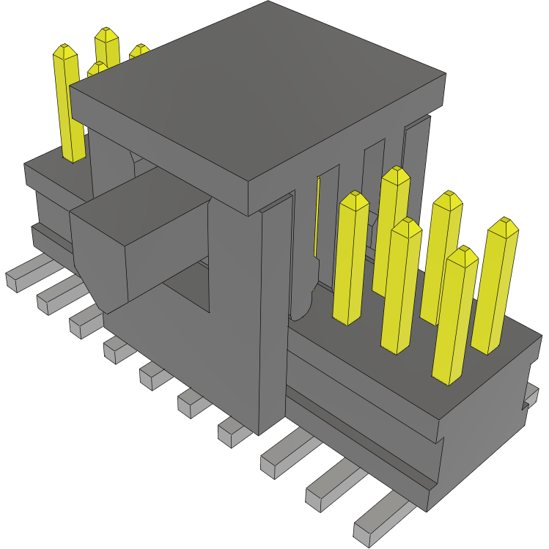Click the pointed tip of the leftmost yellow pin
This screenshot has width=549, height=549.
65,50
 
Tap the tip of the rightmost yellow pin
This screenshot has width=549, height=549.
504,224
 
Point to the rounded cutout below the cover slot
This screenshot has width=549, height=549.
303,301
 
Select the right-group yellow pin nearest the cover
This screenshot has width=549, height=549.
350,257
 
